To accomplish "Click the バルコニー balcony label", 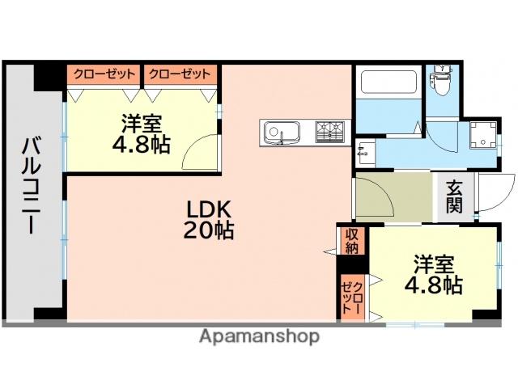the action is click(x=32, y=185).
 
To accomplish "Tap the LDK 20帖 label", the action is click(x=209, y=219).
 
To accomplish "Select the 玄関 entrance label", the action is click(x=454, y=197).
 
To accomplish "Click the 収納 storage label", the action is click(x=352, y=241).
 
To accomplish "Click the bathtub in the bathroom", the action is click(x=388, y=82).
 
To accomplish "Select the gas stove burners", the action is click(x=329, y=131).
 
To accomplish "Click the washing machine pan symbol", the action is click(x=483, y=136).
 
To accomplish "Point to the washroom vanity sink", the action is click(x=365, y=152).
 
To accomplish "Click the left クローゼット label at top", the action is click(x=104, y=74).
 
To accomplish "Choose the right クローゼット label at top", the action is click(x=180, y=74).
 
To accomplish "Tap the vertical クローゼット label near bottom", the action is click(x=352, y=298).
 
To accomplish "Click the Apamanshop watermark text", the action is click(x=259, y=336).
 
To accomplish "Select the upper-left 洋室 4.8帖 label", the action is click(x=141, y=133).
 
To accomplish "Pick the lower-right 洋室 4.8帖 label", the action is click(x=433, y=275).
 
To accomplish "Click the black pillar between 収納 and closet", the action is click(x=352, y=264).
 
